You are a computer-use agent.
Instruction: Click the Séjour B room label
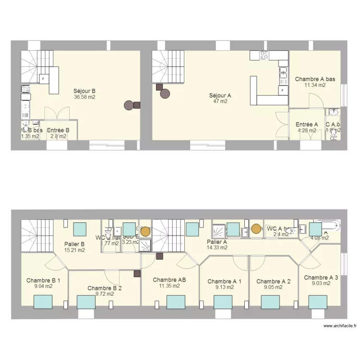click(x=84, y=91)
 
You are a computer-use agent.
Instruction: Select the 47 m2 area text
click(x=220, y=101)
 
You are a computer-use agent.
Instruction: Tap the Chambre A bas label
click(x=315, y=79)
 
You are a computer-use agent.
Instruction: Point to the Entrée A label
click(x=307, y=124)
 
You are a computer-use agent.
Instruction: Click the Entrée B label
click(x=58, y=130)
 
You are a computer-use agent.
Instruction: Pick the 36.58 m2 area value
click(x=84, y=97)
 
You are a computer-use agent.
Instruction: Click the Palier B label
click(x=74, y=244)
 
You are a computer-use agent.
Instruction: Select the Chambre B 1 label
click(x=43, y=280)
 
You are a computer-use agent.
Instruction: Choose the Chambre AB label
click(x=169, y=279)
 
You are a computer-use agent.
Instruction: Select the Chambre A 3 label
click(x=321, y=277)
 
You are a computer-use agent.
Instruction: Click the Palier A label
click(x=216, y=242)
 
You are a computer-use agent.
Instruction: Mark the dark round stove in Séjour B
click(x=129, y=105)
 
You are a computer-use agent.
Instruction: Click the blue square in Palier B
click(x=80, y=228)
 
